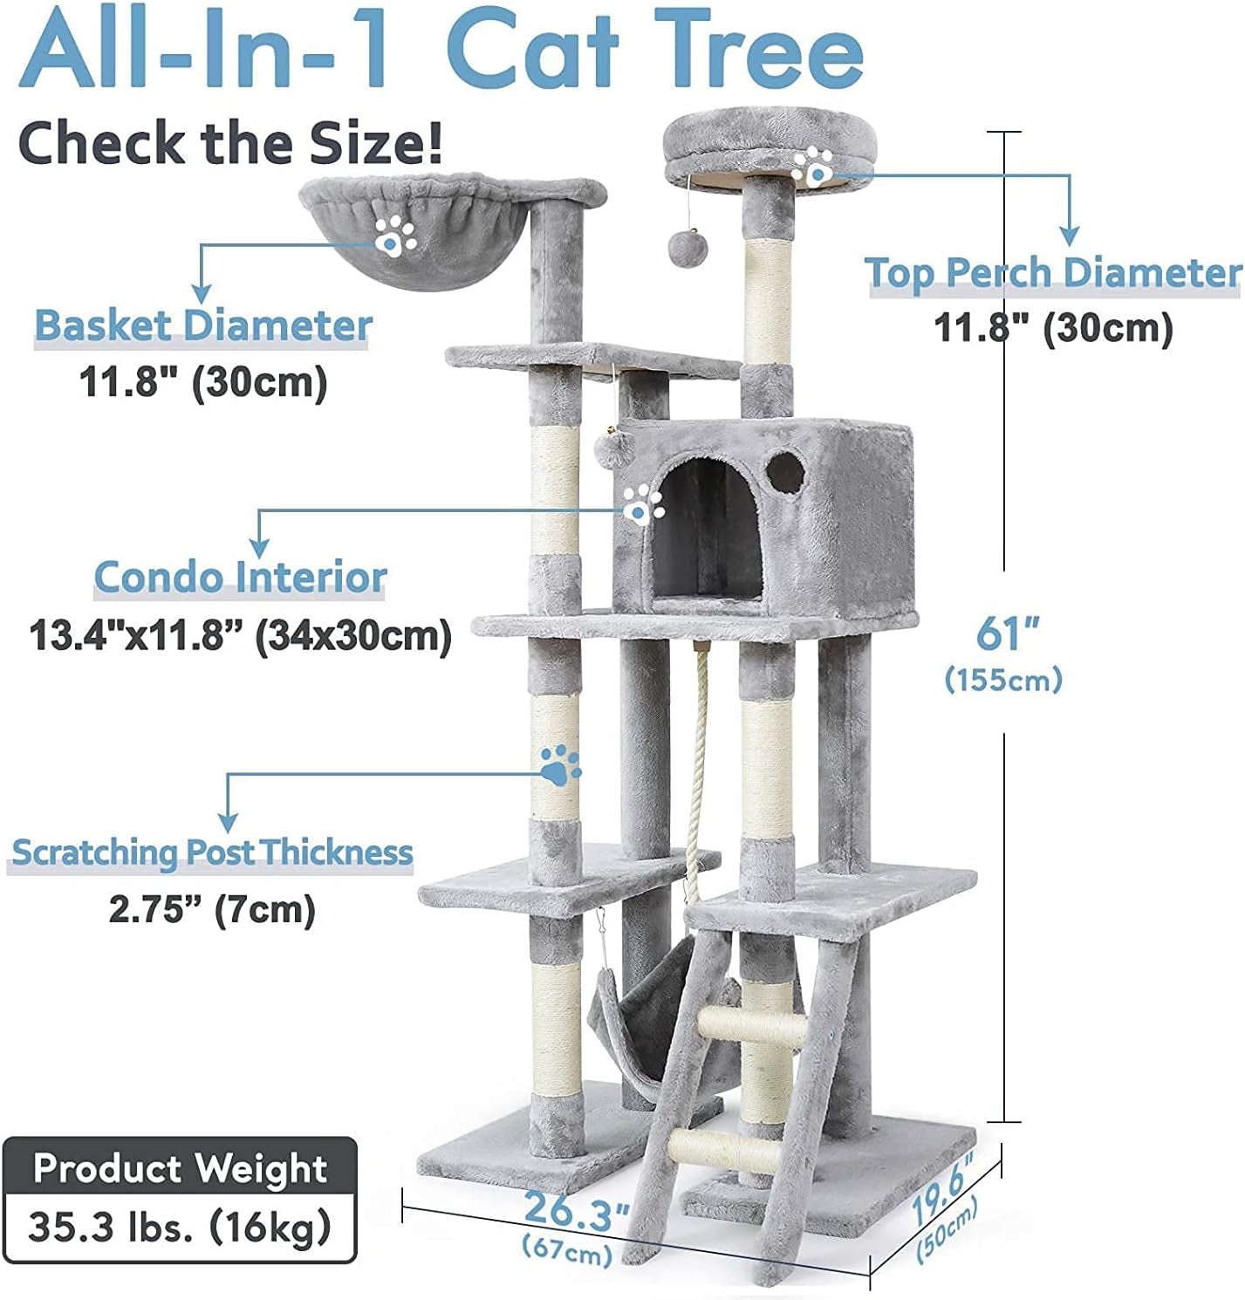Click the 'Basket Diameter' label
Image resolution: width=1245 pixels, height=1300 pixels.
point(202,326)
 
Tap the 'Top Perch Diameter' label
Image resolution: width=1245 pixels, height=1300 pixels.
point(1053,273)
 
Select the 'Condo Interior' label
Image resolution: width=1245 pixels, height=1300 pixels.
point(240,578)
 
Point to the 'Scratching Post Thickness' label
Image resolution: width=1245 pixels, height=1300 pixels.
point(212,852)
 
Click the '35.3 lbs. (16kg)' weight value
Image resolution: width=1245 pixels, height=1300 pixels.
point(180,1226)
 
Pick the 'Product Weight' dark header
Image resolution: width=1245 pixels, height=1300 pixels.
point(180,1168)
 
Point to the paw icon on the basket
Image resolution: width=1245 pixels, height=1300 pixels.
point(395,234)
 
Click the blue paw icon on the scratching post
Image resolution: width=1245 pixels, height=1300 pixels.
point(559,764)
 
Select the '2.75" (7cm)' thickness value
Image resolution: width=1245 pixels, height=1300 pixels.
point(212,910)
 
